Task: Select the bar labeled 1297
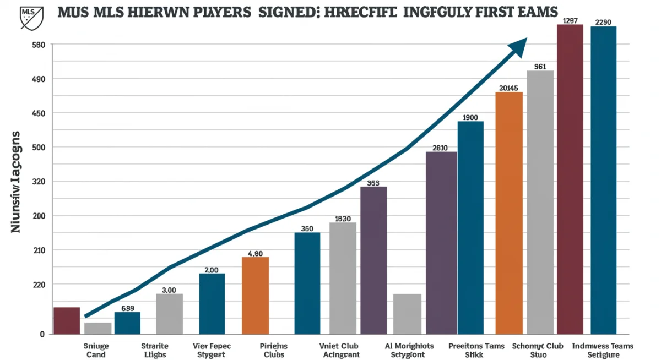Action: coord(570,179)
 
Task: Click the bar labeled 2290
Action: coord(603,180)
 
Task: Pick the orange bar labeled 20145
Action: coord(509,212)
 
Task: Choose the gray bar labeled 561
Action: coord(540,202)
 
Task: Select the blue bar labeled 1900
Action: coord(470,227)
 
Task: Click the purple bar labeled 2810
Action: coord(441,242)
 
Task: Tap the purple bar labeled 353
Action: coord(373,260)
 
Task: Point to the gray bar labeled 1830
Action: coord(343,278)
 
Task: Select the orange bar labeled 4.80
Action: coord(255,295)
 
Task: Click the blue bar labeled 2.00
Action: coord(212,303)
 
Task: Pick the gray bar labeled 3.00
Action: coord(169,314)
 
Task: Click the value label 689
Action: coord(127,308)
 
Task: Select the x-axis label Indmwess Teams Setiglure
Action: coord(603,350)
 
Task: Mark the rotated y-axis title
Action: coord(16,181)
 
